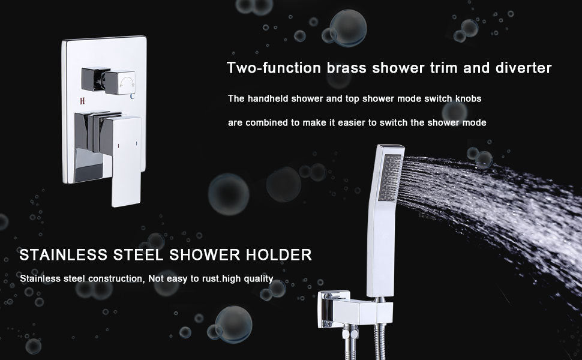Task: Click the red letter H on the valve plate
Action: pyautogui.click(x=82, y=101)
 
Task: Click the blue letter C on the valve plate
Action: pyautogui.click(x=132, y=97)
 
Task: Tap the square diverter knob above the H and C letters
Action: pyautogui.click(x=120, y=82)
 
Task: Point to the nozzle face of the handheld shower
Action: pyautogui.click(x=390, y=178)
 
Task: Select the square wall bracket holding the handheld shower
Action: pyautogui.click(x=355, y=309)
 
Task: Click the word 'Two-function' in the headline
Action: pyautogui.click(x=274, y=68)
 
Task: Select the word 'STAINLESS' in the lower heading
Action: pyautogui.click(x=64, y=255)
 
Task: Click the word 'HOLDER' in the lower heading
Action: pyautogui.click(x=279, y=255)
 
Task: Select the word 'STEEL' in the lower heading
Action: pyautogui.click(x=139, y=255)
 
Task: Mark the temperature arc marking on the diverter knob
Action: pyautogui.click(x=127, y=81)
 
